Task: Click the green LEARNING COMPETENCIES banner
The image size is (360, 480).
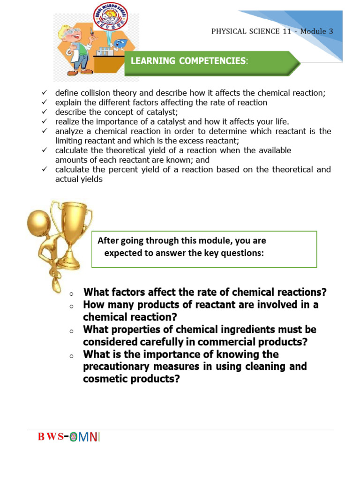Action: click(211, 61)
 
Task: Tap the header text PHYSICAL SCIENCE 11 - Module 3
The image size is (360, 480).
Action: click(272, 31)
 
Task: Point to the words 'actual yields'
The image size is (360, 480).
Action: click(78, 179)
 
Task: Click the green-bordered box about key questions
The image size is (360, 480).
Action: click(204, 249)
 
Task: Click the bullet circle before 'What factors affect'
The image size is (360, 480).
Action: click(71, 294)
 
